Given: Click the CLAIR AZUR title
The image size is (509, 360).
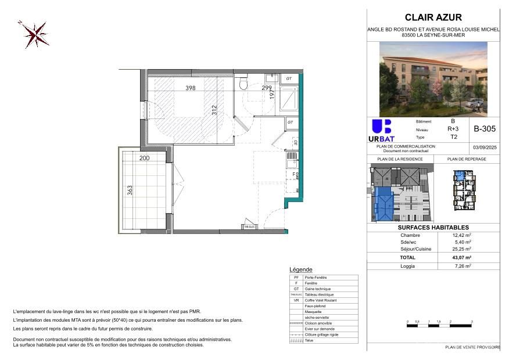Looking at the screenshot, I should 433,17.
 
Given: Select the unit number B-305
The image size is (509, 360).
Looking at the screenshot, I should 484,129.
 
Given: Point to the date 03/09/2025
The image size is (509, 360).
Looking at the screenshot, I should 484,147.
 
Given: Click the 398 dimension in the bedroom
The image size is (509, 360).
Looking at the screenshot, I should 190,88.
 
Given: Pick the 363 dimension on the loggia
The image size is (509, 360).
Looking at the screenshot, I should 130,190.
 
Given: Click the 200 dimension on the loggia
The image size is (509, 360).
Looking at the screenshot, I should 144,158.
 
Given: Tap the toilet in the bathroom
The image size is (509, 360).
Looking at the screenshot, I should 245,85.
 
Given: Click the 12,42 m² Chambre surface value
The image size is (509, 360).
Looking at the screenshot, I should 462,235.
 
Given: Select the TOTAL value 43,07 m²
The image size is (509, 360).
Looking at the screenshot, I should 462,257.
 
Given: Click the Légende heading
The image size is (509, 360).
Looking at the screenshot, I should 300,270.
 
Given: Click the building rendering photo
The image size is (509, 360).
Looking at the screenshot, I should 433,79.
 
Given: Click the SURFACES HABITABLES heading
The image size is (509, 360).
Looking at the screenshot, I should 433,228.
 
